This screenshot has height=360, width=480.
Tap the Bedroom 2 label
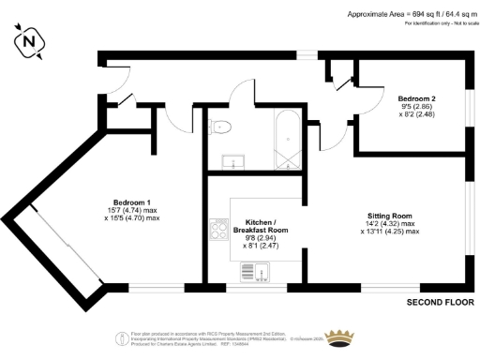[416, 98]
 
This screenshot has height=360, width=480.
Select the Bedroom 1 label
[131, 202]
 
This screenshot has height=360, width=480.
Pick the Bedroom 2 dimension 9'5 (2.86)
[416, 107]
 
